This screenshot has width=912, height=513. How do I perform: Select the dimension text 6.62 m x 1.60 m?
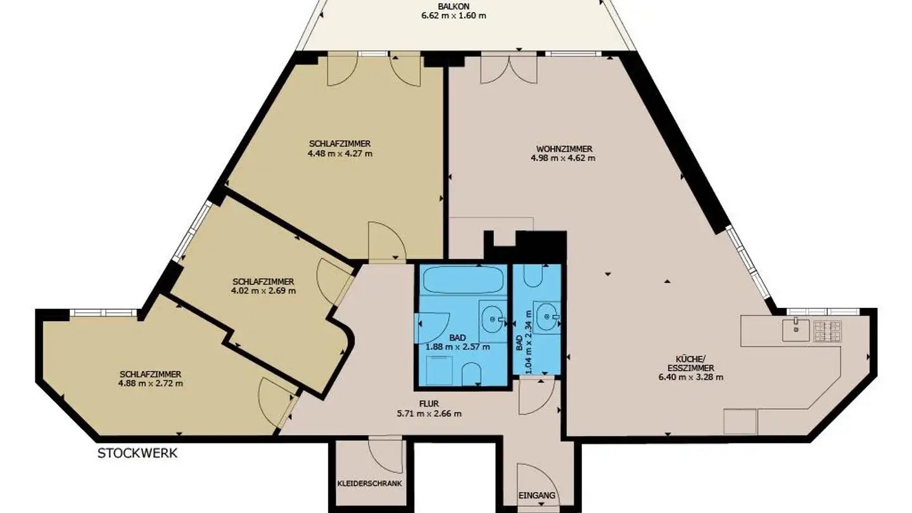coord(454,15)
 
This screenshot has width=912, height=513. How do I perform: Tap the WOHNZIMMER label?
coord(564,149)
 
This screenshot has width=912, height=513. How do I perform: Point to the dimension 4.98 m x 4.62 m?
coord(564,158)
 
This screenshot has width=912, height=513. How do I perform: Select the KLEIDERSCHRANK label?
coord(370,483)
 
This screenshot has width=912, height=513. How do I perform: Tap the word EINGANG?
coord(536,496)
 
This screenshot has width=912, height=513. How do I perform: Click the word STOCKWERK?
coord(137,453)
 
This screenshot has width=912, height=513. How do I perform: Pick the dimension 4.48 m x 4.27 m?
coord(340,153)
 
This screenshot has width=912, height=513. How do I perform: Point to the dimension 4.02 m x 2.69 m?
coord(264,291)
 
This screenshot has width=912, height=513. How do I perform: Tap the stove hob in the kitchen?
coord(827,328)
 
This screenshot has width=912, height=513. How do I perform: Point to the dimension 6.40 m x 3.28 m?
coord(690,377)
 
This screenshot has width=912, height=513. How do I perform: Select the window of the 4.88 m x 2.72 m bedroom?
coord(103,312)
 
